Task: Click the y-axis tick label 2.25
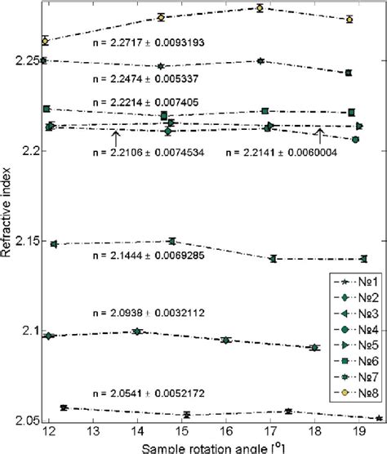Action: coord(25,60)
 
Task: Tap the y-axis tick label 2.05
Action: coord(25,421)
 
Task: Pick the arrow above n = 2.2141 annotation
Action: coord(320,136)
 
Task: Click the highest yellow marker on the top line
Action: coord(260,8)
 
